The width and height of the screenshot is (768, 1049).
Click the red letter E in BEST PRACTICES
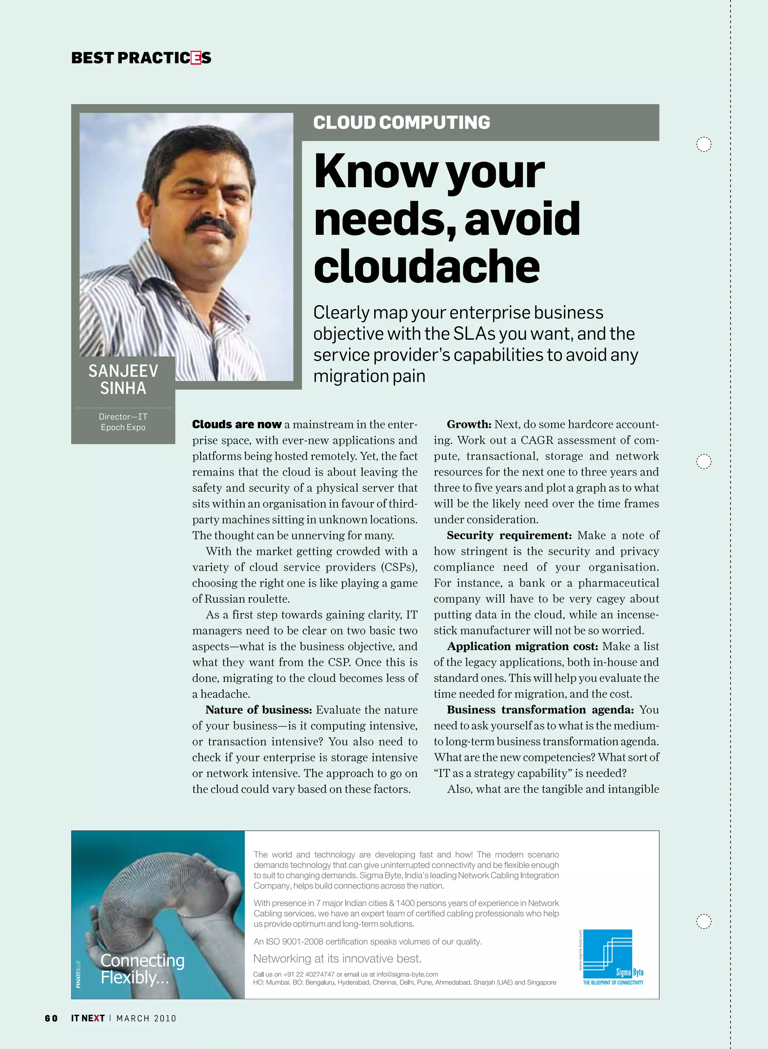(x=196, y=58)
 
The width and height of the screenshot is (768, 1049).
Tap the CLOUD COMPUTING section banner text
(x=402, y=123)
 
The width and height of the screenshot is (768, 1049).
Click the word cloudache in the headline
(x=426, y=266)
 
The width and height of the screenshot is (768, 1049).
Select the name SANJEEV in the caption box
(x=123, y=371)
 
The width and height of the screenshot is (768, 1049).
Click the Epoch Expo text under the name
(x=123, y=427)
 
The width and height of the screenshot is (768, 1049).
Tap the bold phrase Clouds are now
(x=237, y=425)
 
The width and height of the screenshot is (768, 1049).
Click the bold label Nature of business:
(x=258, y=710)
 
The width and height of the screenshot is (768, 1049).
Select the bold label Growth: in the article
(x=469, y=425)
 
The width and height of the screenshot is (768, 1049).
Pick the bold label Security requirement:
(x=509, y=536)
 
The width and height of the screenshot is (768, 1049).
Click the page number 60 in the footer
(x=51, y=1018)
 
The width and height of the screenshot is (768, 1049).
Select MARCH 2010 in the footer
(x=147, y=1018)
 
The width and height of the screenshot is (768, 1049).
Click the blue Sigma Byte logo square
(x=607, y=953)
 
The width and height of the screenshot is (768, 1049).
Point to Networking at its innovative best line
(x=337, y=958)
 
